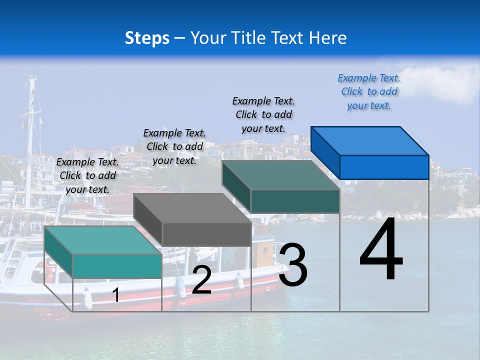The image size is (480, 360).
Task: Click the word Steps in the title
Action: pyautogui.click(x=147, y=38)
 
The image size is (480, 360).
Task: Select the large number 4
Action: pyautogui.click(x=381, y=250)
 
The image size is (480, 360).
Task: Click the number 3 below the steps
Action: pyautogui.click(x=293, y=265)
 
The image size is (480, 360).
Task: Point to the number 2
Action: pyautogui.click(x=201, y=280)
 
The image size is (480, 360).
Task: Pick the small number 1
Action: pyautogui.click(x=116, y=295)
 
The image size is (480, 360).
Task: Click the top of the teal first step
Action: pyautogui.click(x=103, y=240)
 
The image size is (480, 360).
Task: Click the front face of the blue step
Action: pyautogui.click(x=384, y=167)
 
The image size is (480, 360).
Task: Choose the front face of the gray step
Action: pyautogui.click(x=206, y=234)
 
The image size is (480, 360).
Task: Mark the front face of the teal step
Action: pyautogui.click(x=117, y=266)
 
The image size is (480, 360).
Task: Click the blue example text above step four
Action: pyautogui.click(x=369, y=92)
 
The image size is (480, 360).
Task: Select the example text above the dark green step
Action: pyautogui.click(x=263, y=114)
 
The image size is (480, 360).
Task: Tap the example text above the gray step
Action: pyautogui.click(x=174, y=146)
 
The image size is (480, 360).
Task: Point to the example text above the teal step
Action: pyautogui.click(x=87, y=175)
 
